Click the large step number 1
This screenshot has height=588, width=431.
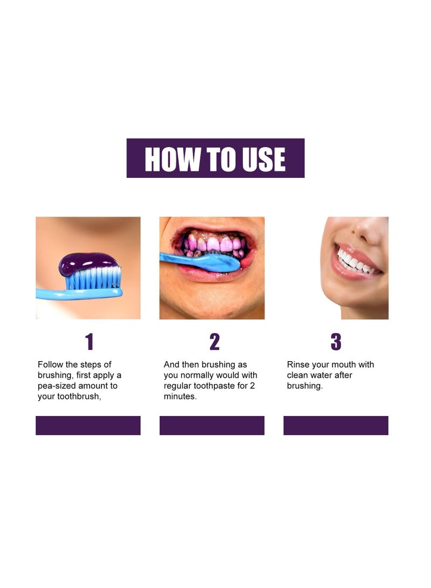pyautogui.click(x=89, y=342)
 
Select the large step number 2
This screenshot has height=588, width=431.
pyautogui.click(x=214, y=342)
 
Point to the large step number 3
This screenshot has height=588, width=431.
pyautogui.click(x=336, y=342)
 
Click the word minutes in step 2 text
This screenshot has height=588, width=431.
pyautogui.click(x=180, y=396)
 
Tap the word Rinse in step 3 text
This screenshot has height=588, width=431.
pyautogui.click(x=298, y=365)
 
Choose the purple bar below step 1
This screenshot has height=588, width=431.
pyautogui.click(x=88, y=425)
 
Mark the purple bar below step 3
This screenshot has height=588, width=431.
pyautogui.click(x=336, y=425)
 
